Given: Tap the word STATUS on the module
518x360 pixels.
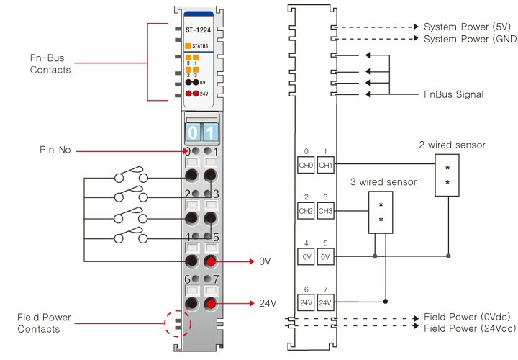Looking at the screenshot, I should pos(200,46).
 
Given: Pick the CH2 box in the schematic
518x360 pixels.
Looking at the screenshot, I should pos(306,211).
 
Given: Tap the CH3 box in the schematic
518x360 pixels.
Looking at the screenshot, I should pos(325,211).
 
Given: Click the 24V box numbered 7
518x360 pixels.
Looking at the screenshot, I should pos(325,302).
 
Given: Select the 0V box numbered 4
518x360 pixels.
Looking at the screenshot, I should pos(306,256).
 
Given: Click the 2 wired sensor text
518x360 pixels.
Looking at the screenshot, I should pos(452,145).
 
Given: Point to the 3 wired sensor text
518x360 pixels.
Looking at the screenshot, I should pos(383,182).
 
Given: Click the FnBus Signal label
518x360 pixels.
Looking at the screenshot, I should pos(454,94).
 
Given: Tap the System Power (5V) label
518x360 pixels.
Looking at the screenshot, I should pos(468,26).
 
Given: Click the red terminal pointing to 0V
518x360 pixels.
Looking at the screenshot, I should pos(210,261).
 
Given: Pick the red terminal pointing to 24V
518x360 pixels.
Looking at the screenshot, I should pos(210,304).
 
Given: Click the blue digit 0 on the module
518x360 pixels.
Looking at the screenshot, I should pos(192,132).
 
